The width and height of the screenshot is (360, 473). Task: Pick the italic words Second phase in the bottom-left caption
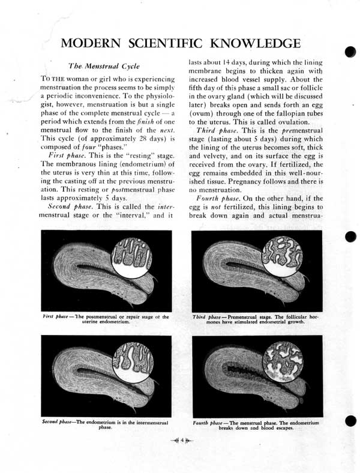click(58, 422)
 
